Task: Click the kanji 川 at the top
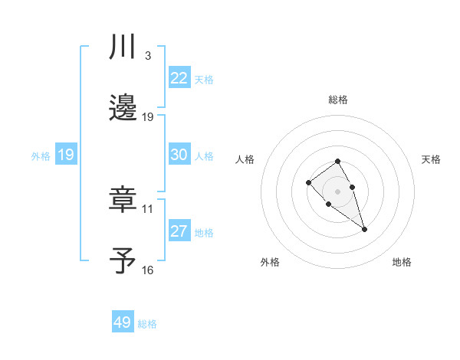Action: click(x=123, y=47)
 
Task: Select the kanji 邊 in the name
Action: click(x=123, y=108)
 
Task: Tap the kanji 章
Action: click(x=123, y=199)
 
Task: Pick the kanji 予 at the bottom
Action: click(x=123, y=260)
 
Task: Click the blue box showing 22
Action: click(x=179, y=78)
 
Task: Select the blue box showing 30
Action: click(x=179, y=155)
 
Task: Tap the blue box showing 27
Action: click(x=179, y=231)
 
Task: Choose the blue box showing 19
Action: click(x=65, y=155)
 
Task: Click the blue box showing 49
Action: click(x=123, y=322)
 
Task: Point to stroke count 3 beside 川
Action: click(x=147, y=56)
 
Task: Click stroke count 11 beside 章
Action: click(x=148, y=208)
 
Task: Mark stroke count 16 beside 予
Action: click(x=148, y=270)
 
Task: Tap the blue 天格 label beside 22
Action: click(x=204, y=80)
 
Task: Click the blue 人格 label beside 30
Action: click(x=204, y=156)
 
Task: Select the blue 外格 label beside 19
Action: click(x=41, y=156)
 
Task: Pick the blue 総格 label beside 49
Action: click(x=147, y=324)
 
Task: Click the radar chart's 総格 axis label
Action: click(x=337, y=100)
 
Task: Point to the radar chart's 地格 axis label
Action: click(x=402, y=262)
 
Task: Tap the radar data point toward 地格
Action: click(x=364, y=229)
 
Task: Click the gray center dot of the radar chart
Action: click(x=337, y=191)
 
